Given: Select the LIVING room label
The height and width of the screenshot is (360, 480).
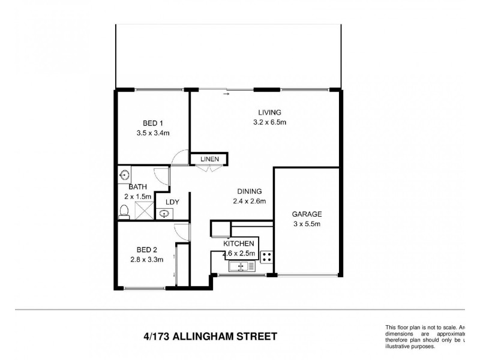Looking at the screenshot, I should (269, 112).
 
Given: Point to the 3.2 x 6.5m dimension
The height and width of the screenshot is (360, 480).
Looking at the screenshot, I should (269, 123).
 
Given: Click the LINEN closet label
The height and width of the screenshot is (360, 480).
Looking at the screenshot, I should (209, 159).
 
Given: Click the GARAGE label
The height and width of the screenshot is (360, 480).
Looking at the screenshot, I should (307, 214).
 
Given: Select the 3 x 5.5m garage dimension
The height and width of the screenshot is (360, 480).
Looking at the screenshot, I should (307, 225).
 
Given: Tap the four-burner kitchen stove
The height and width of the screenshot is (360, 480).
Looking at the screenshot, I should (266, 259).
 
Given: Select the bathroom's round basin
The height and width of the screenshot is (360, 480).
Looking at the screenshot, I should (124, 175).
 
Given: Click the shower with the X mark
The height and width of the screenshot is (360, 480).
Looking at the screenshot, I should (143, 209).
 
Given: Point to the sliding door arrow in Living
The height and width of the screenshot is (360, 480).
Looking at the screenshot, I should (226, 94).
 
